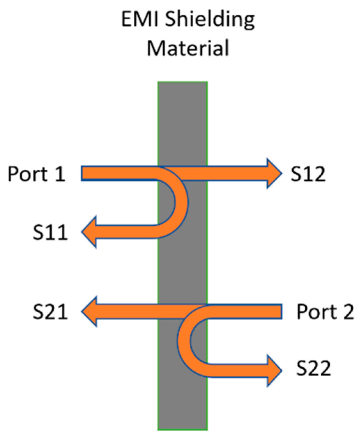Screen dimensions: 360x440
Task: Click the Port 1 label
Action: coord(37,174)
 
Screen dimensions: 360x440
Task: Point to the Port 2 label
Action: coord(325,312)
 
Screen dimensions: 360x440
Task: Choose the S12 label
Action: coord(308,174)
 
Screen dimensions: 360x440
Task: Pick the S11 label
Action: coord(50,233)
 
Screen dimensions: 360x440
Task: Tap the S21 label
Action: coord(50,312)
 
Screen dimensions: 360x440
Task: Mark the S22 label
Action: coord(313,369)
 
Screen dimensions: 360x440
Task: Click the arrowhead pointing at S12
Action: coord(273,173)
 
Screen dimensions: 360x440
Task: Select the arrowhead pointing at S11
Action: coord(89,231)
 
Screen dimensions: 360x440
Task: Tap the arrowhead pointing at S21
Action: coord(89,311)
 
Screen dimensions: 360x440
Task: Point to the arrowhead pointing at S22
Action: coord(273,370)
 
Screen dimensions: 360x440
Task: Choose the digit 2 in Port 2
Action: coord(348,312)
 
